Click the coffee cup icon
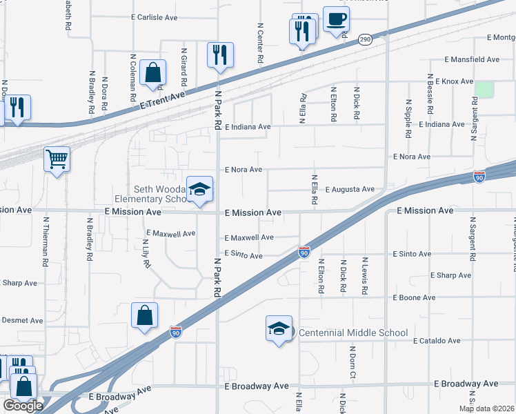click(x=336, y=21)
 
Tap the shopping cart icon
click(x=57, y=159)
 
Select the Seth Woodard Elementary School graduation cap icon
click(x=199, y=190)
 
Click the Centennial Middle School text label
click(x=354, y=333)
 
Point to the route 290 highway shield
click(x=365, y=41)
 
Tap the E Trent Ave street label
click(x=163, y=100)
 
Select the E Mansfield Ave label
click(x=473, y=60)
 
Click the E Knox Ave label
click(x=450, y=81)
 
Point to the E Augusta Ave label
click(x=350, y=189)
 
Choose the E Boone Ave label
click(x=414, y=297)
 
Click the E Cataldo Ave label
click(x=437, y=341)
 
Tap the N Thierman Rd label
click(x=45, y=242)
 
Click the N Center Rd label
click(x=261, y=43)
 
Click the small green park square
click(x=484, y=89)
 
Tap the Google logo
click(x=23, y=406)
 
